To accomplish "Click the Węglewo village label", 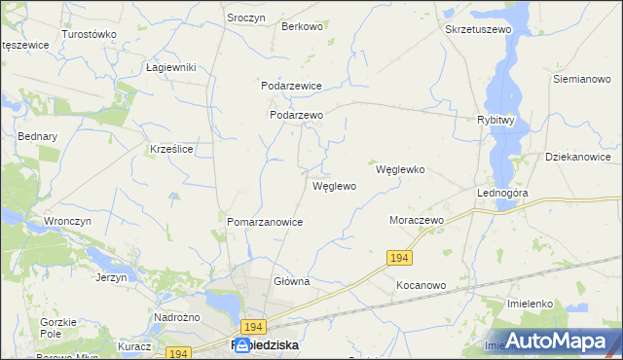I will [334, 186].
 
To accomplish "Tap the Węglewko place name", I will [400, 169].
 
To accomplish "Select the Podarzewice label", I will [291, 86].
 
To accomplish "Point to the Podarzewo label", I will [296, 115].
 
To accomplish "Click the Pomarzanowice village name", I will [265, 223].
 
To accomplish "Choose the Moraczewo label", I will [417, 221].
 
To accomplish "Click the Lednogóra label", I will [502, 193].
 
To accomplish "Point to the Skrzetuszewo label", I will [478, 30].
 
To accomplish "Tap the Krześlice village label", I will [171, 149].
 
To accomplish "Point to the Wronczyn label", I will [67, 221].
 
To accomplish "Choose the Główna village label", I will [291, 282].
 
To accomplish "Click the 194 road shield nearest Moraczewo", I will [398, 257].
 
